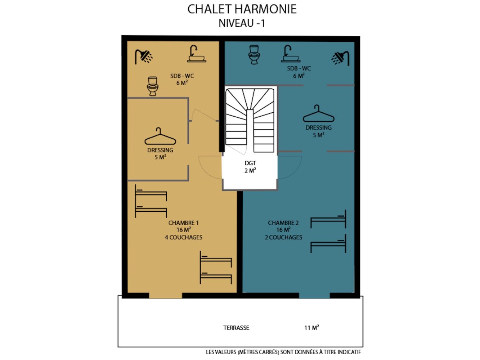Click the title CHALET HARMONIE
[x=242, y=9]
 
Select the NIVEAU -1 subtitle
[x=242, y=23]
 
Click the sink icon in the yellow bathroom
[x=196, y=54]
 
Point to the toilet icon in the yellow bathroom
[x=152, y=86]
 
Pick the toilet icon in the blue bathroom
[x=254, y=55]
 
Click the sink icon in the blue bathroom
[x=291, y=54]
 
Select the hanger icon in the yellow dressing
[x=160, y=136]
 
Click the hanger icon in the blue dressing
[x=318, y=113]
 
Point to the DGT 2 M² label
[x=250, y=167]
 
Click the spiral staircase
[x=250, y=120]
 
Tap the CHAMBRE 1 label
[x=183, y=223]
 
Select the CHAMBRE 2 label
[x=283, y=223]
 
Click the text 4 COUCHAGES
[x=184, y=237]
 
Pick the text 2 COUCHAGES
[x=283, y=237]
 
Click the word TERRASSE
[x=236, y=328]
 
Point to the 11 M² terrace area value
[x=311, y=328]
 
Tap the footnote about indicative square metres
[x=283, y=352]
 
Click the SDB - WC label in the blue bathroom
[x=299, y=68]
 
